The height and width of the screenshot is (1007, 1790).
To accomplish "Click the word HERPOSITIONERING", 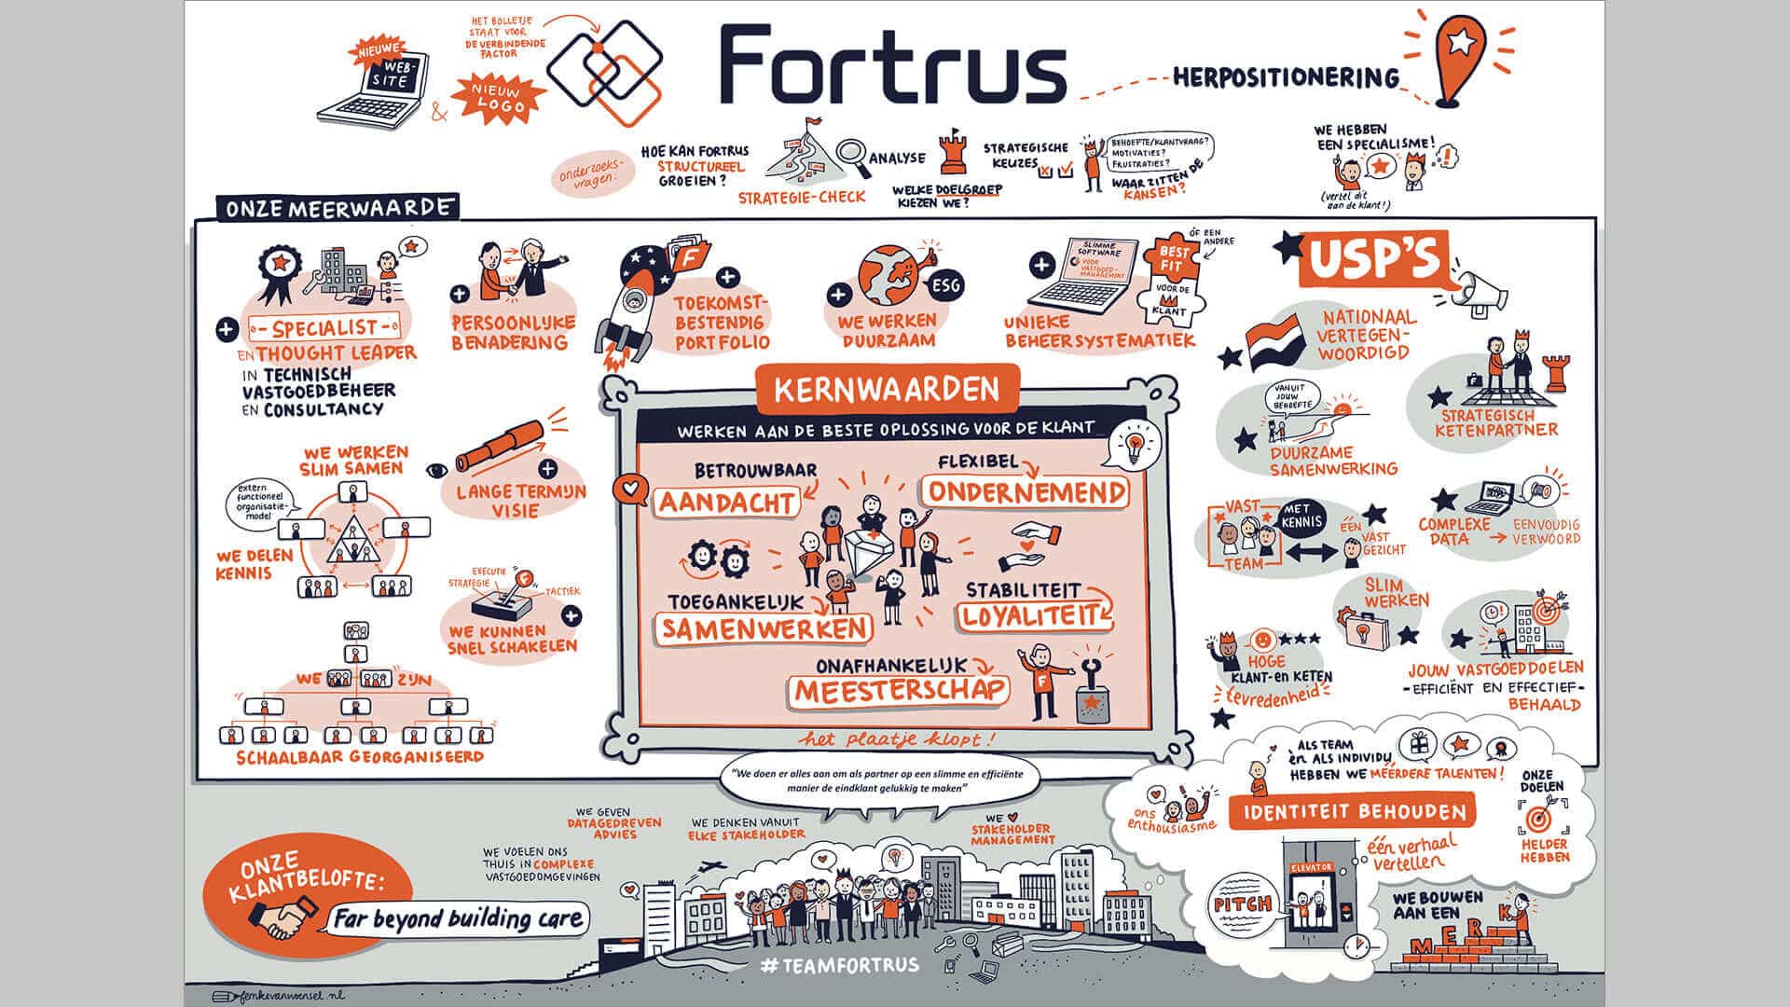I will tap(1287, 76).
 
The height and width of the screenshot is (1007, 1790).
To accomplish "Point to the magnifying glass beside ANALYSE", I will tap(850, 155).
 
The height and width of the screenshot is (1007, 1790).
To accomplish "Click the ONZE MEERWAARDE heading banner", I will tap(339, 207).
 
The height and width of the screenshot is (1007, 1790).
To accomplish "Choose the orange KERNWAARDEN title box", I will tap(886, 389).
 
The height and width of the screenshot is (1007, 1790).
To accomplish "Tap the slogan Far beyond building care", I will tap(458, 919).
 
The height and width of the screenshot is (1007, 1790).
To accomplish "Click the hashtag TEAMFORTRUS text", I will tap(839, 965).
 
